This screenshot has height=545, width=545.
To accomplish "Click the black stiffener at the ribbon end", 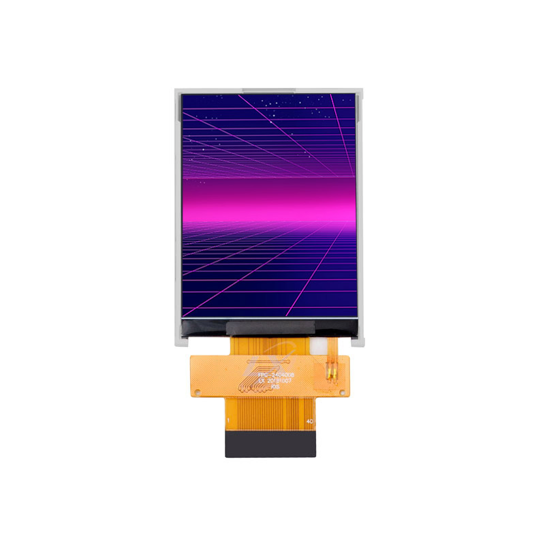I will click(x=271, y=443).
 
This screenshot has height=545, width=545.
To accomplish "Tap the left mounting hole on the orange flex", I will click(x=198, y=392).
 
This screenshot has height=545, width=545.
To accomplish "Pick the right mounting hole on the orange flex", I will click(x=345, y=392).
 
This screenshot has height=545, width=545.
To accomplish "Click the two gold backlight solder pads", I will click(x=332, y=373).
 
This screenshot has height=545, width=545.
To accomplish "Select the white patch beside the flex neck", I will click(x=317, y=345).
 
